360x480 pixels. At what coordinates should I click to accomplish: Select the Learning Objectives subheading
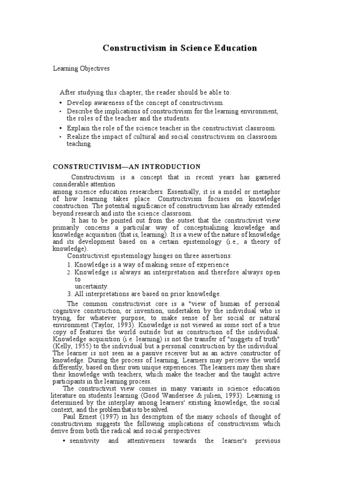coord(81,68)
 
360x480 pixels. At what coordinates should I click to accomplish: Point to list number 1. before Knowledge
coord(69,264)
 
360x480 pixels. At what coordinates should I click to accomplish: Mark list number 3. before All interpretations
coord(69,294)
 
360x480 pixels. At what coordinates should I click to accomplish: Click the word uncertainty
coord(91,286)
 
